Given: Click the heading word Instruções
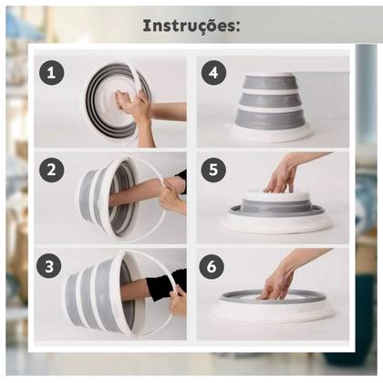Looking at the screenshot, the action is (191, 26).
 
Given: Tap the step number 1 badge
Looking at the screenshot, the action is (51, 73).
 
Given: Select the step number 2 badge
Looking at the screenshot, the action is (51, 170).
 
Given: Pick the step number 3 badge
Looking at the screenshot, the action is (49, 266).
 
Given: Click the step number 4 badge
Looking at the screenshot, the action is (213, 73).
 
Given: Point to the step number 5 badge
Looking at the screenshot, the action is (213, 170).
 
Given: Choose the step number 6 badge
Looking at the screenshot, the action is (212, 266).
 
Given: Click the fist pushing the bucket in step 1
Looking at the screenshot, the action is (124, 102).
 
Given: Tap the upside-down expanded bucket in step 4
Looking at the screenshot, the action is (271, 107).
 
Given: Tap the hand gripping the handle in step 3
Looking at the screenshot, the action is (178, 301).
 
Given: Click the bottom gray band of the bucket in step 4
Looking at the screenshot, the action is (270, 119).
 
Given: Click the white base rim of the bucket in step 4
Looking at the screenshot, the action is (271, 133).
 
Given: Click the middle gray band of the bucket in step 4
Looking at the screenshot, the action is (270, 99).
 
